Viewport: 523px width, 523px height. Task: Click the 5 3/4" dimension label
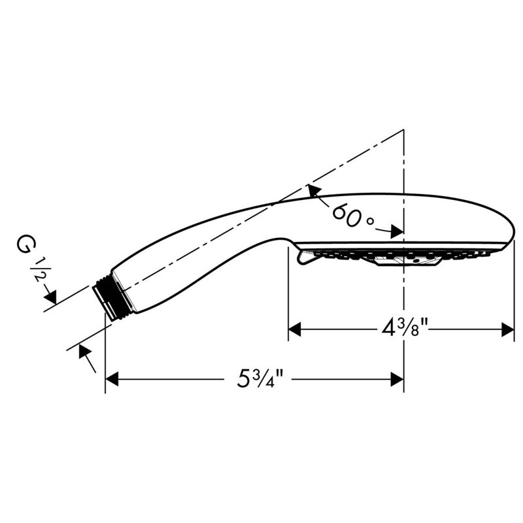(260, 379)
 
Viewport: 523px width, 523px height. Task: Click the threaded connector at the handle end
(107, 296)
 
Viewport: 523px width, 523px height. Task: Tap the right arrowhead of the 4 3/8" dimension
(507, 329)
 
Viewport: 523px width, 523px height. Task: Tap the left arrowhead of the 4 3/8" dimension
(295, 329)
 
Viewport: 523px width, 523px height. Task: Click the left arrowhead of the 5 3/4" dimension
(112, 379)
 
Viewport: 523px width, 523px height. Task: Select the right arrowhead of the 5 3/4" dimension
(397, 379)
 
